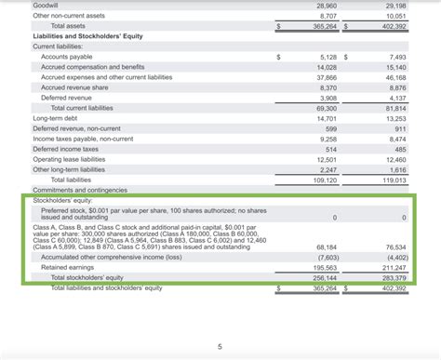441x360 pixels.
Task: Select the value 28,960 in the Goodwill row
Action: pos(325,6)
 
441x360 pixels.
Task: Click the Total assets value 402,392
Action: pos(393,27)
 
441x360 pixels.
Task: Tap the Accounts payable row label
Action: pos(64,57)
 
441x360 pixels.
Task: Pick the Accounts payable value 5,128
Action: pos(327,57)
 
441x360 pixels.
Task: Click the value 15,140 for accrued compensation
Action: pos(394,67)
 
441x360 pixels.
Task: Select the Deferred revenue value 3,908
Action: pos(327,98)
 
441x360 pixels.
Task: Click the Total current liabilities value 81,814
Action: pos(393,108)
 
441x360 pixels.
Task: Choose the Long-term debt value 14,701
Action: pos(325,118)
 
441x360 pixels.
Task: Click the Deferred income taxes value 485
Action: pos(400,149)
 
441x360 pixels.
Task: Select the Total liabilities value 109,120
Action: pos(323,180)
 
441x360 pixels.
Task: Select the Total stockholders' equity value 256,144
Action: pos(323,277)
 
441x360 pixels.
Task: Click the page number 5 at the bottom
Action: pos(220,347)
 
